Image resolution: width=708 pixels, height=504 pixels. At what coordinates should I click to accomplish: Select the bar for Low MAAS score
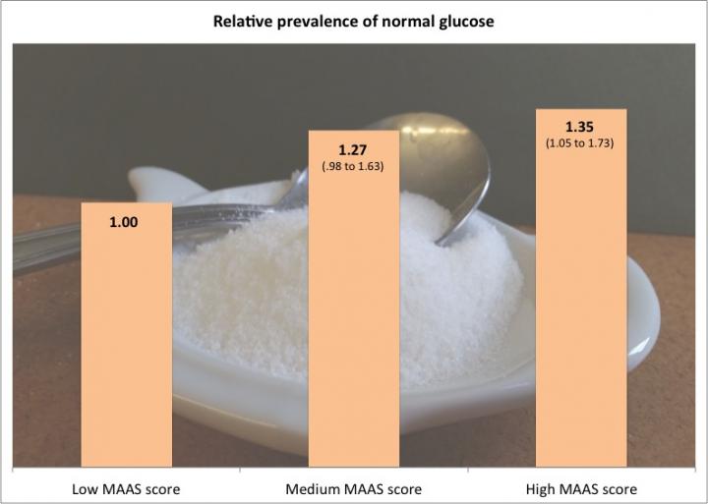126,334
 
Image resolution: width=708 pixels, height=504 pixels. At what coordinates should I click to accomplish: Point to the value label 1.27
353,150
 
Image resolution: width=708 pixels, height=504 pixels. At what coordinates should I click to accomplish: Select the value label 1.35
580,129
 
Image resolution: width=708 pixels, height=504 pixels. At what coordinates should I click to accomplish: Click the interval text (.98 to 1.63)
353,166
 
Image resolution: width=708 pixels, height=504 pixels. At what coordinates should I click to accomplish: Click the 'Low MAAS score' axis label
126,488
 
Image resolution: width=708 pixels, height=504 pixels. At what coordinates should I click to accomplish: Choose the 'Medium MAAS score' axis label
354,488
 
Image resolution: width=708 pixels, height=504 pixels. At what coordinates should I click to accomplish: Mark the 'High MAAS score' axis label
581,488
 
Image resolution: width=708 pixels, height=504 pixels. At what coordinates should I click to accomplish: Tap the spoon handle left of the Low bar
39,246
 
